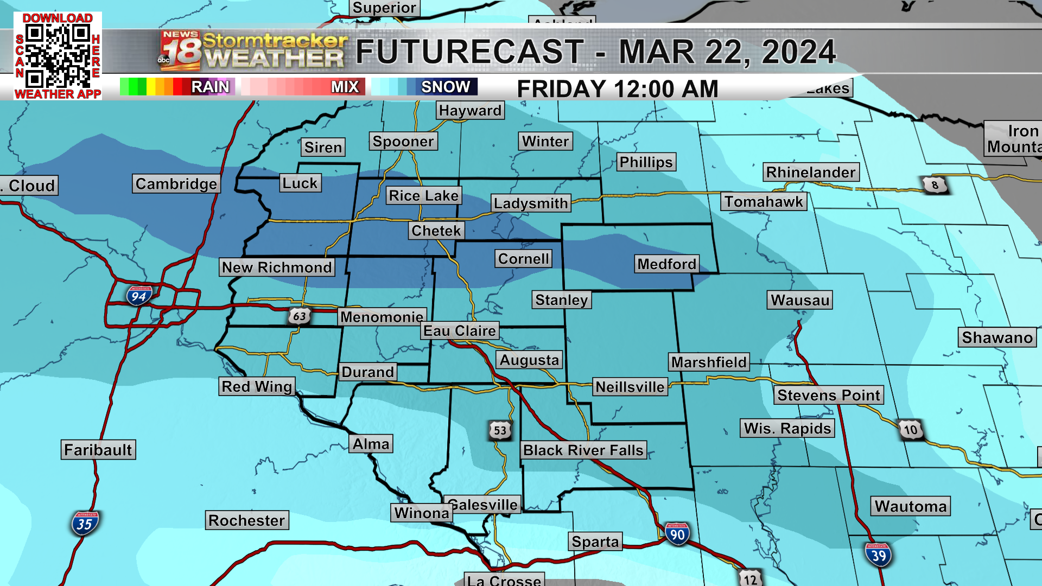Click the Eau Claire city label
(460, 331)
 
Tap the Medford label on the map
(666, 264)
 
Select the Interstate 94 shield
(139, 296)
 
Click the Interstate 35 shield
(84, 524)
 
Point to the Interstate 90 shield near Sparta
(677, 534)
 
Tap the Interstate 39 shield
(878, 555)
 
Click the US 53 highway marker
(500, 430)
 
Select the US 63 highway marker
(299, 316)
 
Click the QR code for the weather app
(58, 56)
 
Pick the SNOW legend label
(446, 87)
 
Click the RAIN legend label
(210, 87)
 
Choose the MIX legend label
(345, 87)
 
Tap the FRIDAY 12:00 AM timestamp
(617, 89)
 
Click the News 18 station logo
(180, 51)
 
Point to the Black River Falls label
(583, 450)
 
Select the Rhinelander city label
(811, 173)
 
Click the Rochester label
(246, 520)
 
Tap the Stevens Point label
(828, 395)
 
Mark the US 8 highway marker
(935, 185)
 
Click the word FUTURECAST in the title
(469, 52)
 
